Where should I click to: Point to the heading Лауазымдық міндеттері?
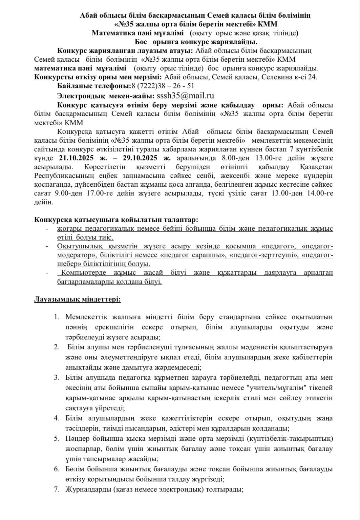[x=78, y=299]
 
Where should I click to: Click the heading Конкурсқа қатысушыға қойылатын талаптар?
[x=116, y=220]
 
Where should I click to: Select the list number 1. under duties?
[x=57, y=317]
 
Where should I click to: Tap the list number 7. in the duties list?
[x=57, y=490]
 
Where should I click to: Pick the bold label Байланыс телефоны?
[x=94, y=86]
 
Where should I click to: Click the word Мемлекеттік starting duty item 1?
[x=86, y=317]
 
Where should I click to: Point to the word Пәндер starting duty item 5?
[x=77, y=439]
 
